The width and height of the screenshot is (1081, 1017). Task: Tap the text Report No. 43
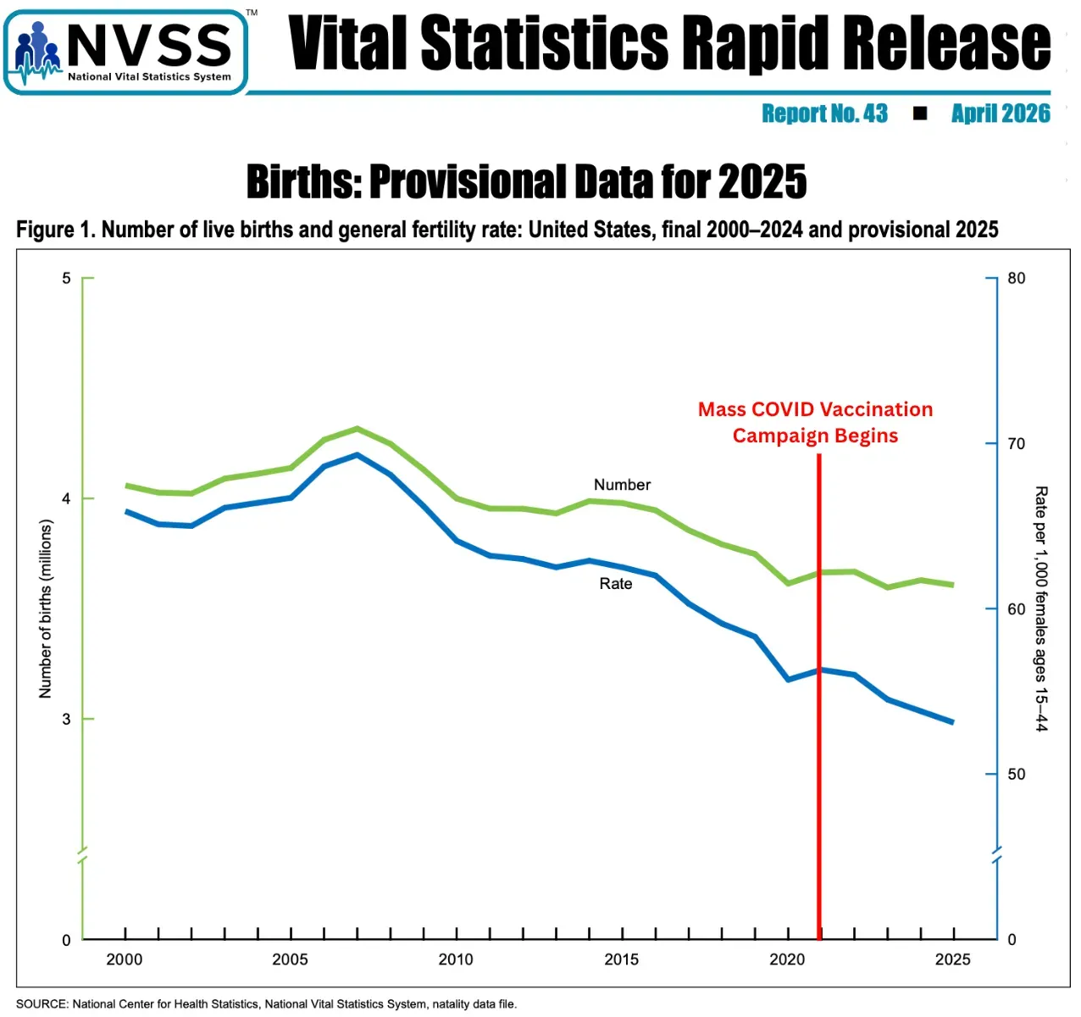point(824,114)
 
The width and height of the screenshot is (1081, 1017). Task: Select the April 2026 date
point(1000,114)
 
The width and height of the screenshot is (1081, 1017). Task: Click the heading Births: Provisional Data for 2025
point(526,181)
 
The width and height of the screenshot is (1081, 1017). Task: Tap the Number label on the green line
point(622,485)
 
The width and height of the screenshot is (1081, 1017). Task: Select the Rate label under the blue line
point(616,583)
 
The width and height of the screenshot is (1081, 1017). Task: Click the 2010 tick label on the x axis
point(456,959)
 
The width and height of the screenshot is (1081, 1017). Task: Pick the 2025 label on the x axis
point(952,959)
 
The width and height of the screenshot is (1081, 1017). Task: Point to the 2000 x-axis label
point(125,959)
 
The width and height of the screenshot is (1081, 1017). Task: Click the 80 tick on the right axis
point(1016,278)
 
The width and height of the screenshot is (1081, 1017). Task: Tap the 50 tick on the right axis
point(1016,774)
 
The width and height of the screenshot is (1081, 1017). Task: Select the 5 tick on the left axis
point(66,278)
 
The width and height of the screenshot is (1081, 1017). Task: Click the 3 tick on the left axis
point(66,719)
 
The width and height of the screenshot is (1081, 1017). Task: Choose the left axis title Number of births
point(46,609)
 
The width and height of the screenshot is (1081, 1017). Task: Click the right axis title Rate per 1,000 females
point(1041,609)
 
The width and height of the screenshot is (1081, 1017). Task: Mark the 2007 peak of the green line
point(358,429)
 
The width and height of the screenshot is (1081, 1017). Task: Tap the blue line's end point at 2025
point(953,722)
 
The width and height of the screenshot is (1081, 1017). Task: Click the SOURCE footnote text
point(266,1004)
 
